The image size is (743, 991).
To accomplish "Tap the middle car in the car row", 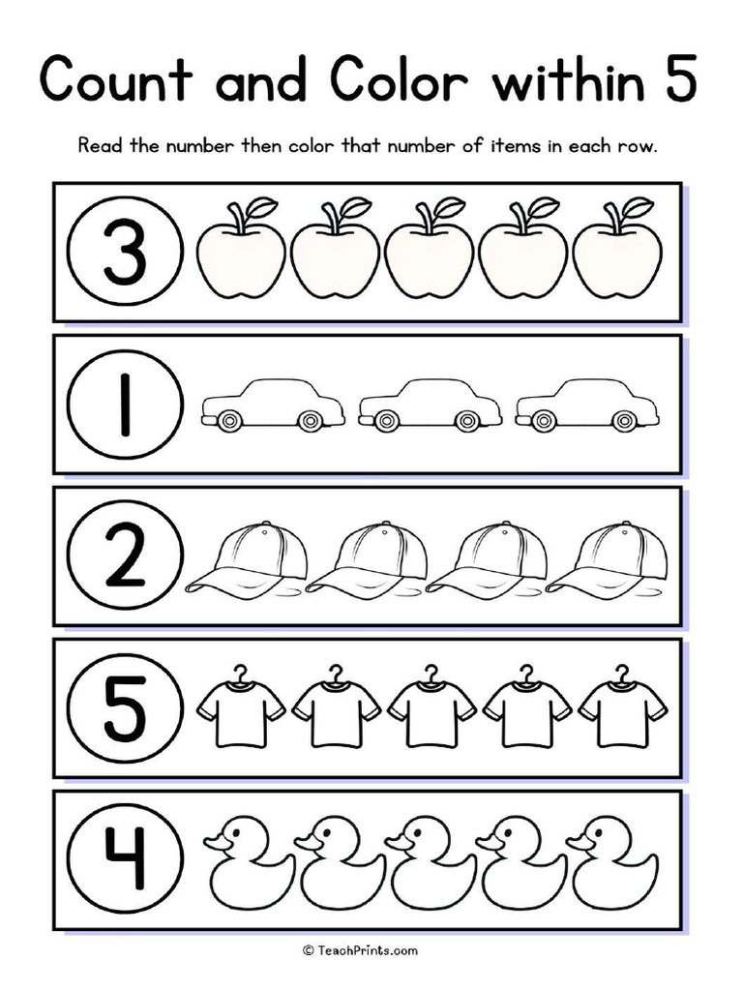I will [x=430, y=405].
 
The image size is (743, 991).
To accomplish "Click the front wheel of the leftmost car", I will [x=230, y=421].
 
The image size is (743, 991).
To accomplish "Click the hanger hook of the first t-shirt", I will [x=241, y=672].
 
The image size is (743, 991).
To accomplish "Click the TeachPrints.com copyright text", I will [x=360, y=950].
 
